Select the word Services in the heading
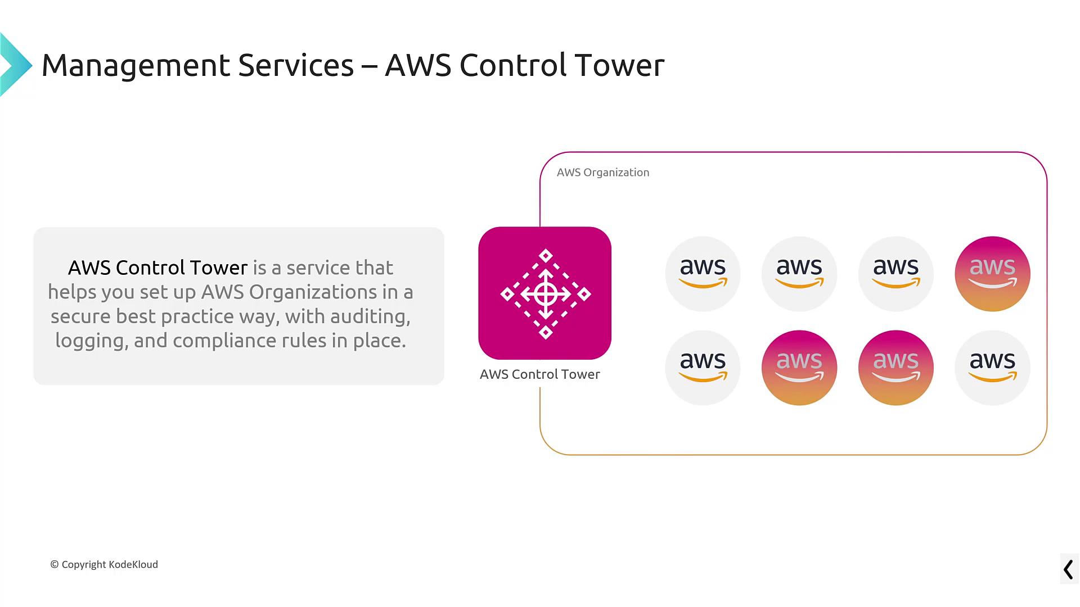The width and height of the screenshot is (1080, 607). pos(296,65)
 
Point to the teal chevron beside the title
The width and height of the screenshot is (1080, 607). pos(16,65)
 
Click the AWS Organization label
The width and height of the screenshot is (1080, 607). pos(603,173)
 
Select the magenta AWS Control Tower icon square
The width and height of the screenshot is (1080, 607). pos(545,293)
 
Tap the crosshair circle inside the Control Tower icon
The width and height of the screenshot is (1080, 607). pos(546,294)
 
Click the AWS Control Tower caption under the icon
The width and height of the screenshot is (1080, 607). pos(540,374)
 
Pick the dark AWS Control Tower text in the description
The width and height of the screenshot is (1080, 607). pos(157,268)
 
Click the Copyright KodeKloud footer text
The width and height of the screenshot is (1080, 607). pos(104,564)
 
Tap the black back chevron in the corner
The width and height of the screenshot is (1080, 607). pos(1068,569)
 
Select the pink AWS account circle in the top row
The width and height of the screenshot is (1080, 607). pos(992,274)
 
